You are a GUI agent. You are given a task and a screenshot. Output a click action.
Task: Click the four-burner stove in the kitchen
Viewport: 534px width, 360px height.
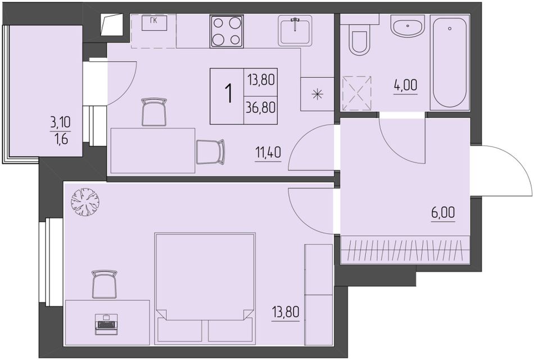(227, 31)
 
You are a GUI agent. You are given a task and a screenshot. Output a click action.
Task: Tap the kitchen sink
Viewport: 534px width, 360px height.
(295, 31)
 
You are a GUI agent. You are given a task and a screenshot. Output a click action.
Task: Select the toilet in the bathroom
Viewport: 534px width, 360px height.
(359, 39)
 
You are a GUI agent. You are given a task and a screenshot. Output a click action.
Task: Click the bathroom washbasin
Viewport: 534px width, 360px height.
(408, 27)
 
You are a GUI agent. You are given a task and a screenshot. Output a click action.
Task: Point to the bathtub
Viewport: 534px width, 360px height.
(450, 62)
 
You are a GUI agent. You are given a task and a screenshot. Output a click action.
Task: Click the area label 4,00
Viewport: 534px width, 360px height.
(406, 85)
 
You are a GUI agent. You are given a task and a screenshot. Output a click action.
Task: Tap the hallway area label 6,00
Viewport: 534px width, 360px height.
(443, 213)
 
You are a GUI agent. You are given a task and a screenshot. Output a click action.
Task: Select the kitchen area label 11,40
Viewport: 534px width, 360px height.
(268, 153)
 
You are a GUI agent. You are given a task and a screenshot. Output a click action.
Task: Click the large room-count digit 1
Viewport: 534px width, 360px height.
(229, 94)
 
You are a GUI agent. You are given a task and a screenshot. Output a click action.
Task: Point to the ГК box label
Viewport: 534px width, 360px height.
(153, 21)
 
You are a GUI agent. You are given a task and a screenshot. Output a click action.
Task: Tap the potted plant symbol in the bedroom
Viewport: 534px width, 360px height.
(85, 202)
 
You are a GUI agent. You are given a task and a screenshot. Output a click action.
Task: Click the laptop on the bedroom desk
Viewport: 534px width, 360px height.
(106, 322)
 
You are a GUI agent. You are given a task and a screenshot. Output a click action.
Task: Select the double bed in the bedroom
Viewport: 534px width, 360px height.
(205, 288)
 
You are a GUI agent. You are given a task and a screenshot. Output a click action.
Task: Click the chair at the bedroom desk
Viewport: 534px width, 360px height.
(105, 284)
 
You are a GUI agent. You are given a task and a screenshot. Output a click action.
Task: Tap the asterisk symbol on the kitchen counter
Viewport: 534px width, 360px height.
(317, 94)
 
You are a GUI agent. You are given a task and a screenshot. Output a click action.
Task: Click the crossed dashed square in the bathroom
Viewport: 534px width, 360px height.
(356, 94)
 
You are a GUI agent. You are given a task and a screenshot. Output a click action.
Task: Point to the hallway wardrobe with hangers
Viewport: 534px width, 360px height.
(405, 249)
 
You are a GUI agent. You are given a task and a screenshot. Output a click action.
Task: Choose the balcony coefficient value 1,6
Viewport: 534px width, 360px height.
(61, 139)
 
